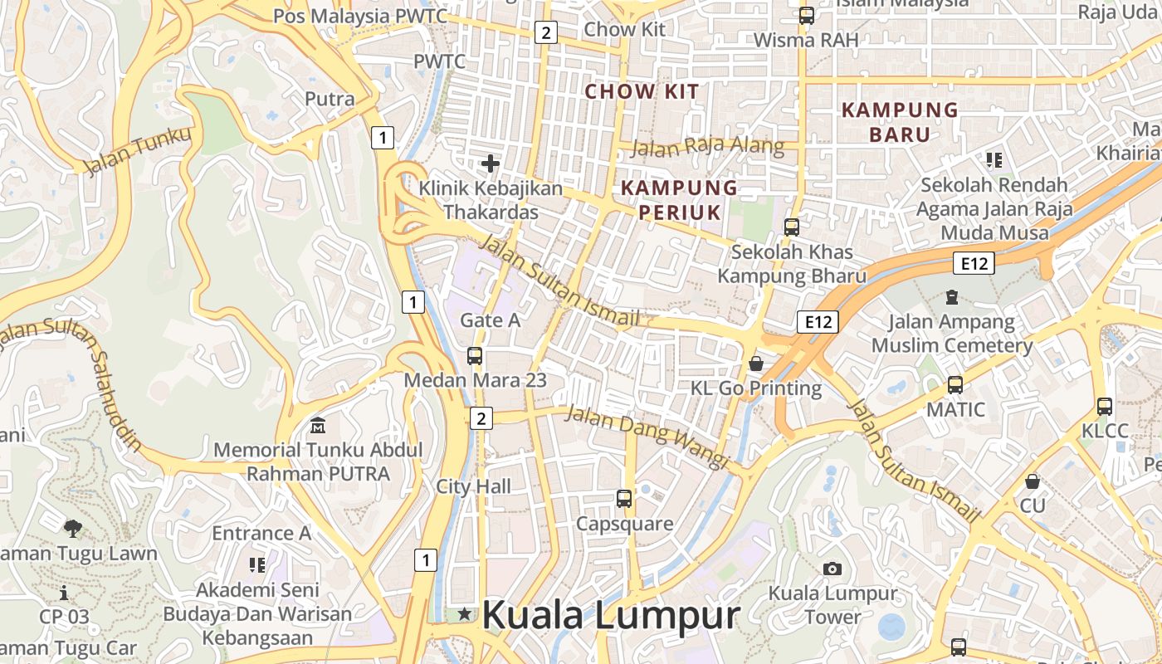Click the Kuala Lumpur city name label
610,616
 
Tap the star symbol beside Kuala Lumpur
464,614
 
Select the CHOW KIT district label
642,91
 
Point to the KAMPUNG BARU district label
900,121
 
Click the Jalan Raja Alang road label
707,147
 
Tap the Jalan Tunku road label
137,150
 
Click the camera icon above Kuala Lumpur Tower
832,569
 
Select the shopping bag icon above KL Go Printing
756,363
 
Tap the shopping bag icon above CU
1033,481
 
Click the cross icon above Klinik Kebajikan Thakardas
491,164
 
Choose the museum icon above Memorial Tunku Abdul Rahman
317,427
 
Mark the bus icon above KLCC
1104,407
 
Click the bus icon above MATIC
955,385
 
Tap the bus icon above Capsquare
624,499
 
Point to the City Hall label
474,486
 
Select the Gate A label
490,320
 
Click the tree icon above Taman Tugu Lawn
73,528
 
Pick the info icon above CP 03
64,593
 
